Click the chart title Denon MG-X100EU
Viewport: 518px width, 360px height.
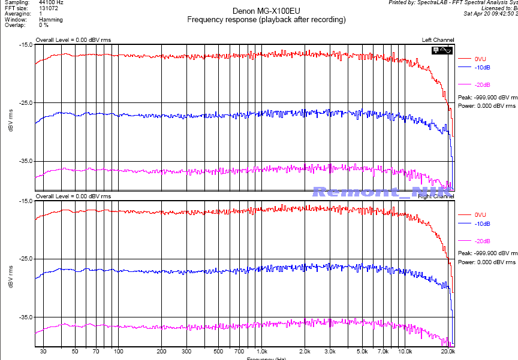pos(266,11)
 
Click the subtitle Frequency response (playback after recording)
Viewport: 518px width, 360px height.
pos(266,20)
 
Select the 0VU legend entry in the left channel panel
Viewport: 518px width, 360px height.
pos(480,59)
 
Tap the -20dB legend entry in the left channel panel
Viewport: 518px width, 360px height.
pos(481,84)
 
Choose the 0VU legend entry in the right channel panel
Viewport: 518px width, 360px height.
pos(480,214)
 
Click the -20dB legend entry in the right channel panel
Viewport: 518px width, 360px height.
pos(481,241)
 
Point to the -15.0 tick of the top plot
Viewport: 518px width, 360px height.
pos(25,45)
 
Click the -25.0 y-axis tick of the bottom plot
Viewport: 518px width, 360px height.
pos(25,259)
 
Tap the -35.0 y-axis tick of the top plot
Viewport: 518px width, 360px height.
pos(25,162)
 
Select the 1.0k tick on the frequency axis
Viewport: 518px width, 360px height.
pos(261,352)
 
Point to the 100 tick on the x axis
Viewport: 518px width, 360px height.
pos(119,352)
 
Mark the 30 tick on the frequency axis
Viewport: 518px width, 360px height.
pos(43,352)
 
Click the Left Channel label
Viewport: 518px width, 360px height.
pos(438,40)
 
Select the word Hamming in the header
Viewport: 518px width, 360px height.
pos(50,20)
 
